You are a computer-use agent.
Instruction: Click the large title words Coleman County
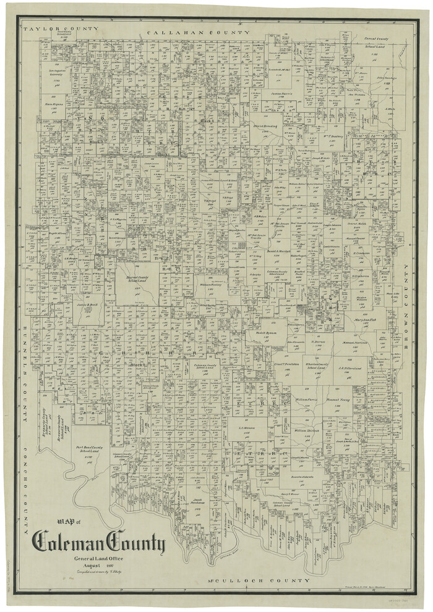point(99,543)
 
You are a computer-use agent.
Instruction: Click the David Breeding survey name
point(265,126)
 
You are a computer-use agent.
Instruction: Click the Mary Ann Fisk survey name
point(366,319)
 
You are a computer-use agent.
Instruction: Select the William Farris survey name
point(306,400)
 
